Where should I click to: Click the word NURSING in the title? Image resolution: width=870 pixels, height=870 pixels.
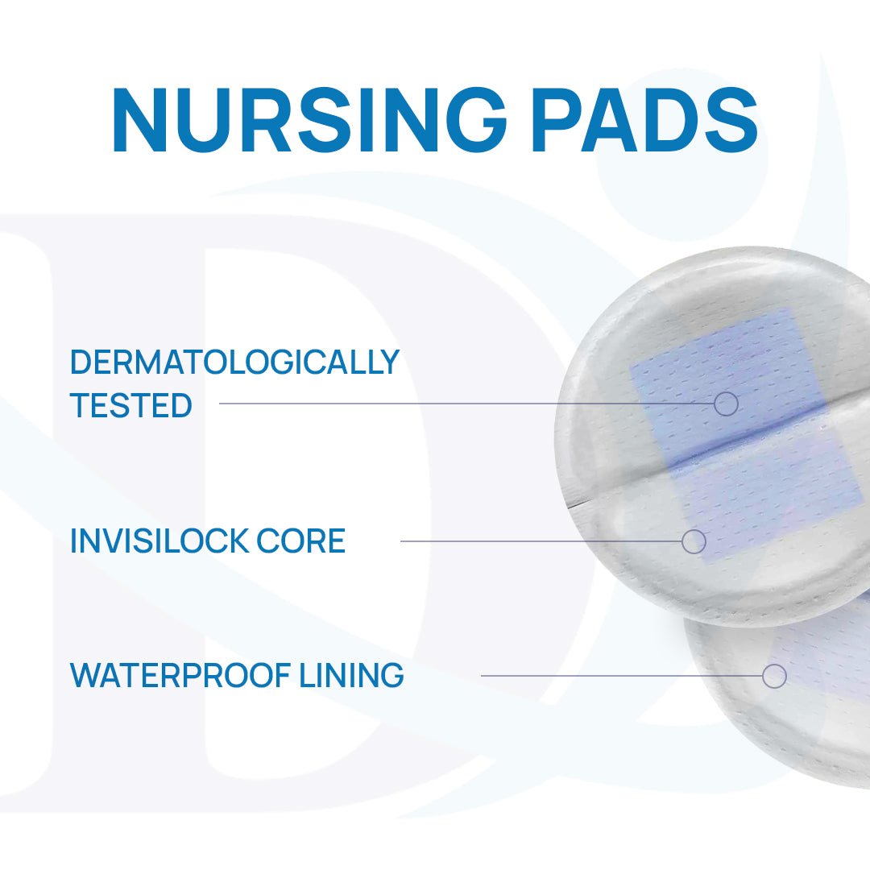[309, 119]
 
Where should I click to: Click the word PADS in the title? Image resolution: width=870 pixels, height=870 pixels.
[644, 119]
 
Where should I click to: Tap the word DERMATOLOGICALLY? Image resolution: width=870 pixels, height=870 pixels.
[234, 362]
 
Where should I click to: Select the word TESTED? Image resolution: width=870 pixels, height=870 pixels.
[131, 405]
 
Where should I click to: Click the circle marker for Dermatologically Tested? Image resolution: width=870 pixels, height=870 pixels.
[726, 404]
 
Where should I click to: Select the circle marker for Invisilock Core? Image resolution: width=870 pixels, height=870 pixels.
[694, 541]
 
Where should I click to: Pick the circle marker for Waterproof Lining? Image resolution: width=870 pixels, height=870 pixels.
[775, 676]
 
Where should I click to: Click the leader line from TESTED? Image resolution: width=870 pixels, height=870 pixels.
[466, 404]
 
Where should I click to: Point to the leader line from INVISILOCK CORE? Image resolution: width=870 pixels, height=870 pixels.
[541, 541]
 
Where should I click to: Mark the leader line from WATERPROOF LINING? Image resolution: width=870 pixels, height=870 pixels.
[622, 676]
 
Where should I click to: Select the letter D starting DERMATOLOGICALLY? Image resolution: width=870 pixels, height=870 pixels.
[81, 362]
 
